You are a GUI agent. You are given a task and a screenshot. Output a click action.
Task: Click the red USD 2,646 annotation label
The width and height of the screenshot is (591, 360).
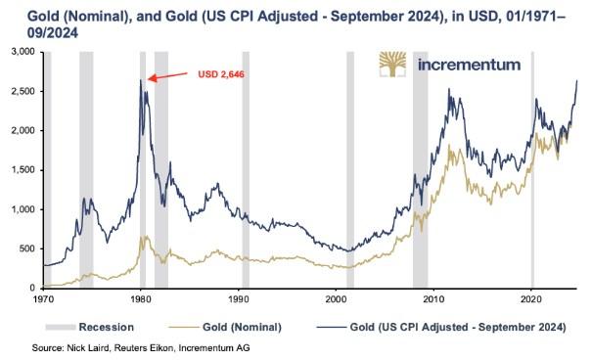(221, 74)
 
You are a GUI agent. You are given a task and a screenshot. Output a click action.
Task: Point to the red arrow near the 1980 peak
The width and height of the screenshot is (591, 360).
(167, 75)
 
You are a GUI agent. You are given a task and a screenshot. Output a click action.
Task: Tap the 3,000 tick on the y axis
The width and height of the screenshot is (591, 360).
(23, 52)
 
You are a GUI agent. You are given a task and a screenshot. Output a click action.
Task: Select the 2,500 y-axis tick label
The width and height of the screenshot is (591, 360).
(23, 91)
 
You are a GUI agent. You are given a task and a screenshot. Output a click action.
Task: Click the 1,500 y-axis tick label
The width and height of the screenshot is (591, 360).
(23, 170)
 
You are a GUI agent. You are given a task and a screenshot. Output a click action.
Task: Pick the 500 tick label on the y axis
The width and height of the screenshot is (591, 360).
(28, 248)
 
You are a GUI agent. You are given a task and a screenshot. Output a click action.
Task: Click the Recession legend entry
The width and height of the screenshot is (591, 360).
(90, 327)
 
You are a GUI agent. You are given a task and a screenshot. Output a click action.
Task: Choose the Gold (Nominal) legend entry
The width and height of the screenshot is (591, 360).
(225, 327)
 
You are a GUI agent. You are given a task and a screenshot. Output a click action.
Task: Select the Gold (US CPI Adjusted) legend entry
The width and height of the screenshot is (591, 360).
(441, 327)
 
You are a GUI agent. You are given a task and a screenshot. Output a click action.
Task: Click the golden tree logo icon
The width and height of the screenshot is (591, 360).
(392, 65)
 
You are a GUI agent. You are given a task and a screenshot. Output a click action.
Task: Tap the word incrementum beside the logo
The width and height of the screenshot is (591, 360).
(470, 65)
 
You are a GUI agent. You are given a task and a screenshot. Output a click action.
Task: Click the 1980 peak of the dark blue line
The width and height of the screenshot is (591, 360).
(141, 80)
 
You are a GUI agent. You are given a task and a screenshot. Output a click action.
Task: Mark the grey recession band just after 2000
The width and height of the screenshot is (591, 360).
(350, 169)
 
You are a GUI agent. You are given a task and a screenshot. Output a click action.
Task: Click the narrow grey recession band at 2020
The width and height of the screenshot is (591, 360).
(532, 169)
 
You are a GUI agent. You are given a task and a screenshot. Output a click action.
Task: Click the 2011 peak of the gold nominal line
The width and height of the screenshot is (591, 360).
(449, 145)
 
